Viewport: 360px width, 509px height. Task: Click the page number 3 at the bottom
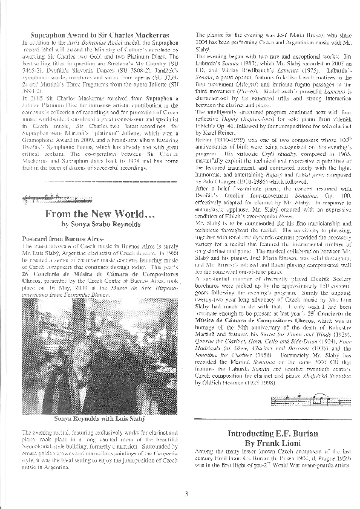187,494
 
